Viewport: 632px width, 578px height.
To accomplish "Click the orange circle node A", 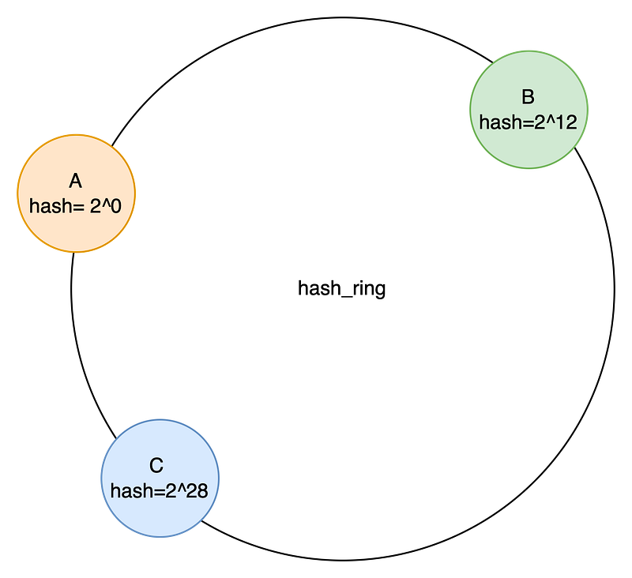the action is point(76,193).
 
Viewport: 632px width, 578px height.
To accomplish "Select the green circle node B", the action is point(529,110).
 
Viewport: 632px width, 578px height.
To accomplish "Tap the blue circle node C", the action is point(160,478).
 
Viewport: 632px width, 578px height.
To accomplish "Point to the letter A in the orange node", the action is point(76,182).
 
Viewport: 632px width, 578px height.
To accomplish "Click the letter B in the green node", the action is point(528,97).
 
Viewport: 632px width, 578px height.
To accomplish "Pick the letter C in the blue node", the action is point(156,466).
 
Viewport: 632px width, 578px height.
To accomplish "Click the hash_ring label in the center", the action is point(342,288).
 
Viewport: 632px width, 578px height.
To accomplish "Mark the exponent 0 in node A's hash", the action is point(115,206).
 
